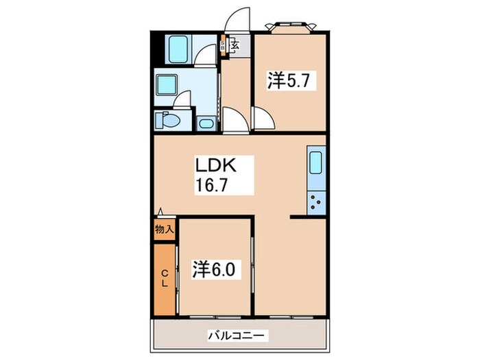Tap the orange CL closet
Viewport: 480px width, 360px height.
click(165, 278)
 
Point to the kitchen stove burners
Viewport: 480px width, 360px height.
click(317, 202)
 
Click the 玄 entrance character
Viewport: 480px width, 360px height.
click(235, 47)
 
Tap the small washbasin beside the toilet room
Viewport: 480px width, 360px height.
click(205, 124)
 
